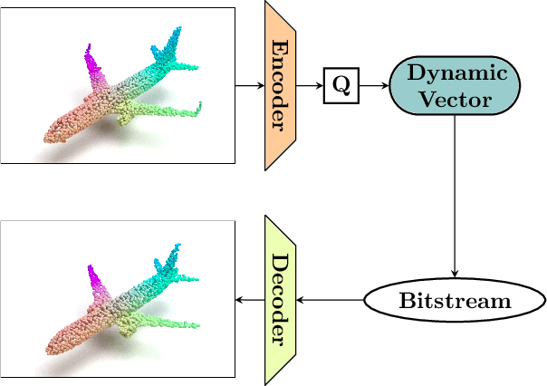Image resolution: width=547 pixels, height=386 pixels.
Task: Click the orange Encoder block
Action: click(281, 85)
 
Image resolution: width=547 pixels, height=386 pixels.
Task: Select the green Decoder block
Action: click(281, 300)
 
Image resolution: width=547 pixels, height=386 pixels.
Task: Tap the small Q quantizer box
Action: click(341, 86)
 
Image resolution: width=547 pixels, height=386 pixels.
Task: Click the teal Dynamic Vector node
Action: click(454, 86)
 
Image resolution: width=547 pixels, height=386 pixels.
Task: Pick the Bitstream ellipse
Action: click(454, 301)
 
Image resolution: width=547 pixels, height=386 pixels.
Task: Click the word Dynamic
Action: click(455, 72)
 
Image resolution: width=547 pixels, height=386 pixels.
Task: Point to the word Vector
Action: click(455, 99)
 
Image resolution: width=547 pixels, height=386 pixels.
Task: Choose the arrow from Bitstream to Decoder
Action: click(331, 301)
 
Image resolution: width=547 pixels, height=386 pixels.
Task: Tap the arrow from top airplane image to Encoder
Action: click(249, 86)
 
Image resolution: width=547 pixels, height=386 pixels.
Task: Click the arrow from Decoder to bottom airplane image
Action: click(250, 301)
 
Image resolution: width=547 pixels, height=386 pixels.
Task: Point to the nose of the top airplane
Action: click(47, 138)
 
